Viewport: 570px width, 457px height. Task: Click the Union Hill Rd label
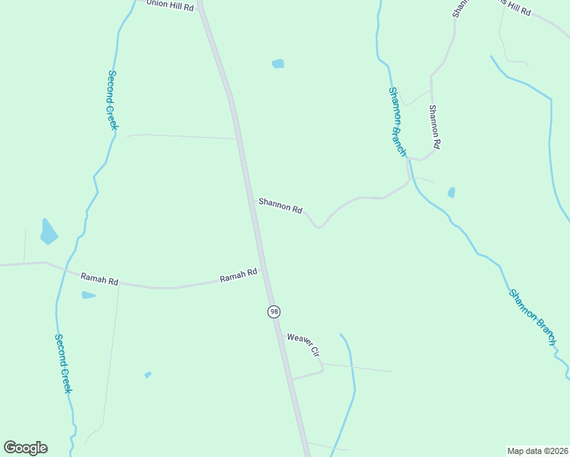(x=170, y=5)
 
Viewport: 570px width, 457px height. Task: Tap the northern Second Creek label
(x=112, y=100)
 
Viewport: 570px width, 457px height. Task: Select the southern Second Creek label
(x=63, y=363)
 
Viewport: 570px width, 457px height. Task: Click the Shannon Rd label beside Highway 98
(x=280, y=206)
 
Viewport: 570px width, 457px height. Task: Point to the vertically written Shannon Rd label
(x=434, y=126)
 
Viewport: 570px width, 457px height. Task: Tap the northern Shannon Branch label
(x=398, y=121)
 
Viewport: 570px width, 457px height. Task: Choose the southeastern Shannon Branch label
(x=532, y=317)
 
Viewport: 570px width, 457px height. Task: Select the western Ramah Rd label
(x=99, y=279)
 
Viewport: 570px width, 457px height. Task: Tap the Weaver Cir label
(x=303, y=344)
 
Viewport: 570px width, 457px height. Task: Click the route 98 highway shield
(x=274, y=312)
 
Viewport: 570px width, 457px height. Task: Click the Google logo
(x=25, y=448)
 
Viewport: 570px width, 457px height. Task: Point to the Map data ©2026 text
(x=537, y=450)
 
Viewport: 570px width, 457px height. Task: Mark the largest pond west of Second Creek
(x=49, y=232)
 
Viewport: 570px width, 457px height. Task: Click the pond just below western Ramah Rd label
(x=88, y=295)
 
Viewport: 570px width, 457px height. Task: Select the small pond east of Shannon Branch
(x=452, y=192)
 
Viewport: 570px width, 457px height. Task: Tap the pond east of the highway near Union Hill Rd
(x=278, y=64)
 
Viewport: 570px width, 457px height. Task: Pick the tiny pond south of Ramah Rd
(x=148, y=375)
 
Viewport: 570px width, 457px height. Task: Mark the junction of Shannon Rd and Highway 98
(x=252, y=200)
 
